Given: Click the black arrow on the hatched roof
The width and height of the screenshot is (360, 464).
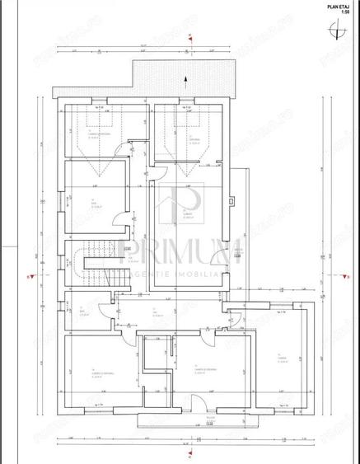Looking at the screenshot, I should tap(185, 80).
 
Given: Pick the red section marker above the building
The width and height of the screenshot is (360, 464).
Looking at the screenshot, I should tap(189, 39).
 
